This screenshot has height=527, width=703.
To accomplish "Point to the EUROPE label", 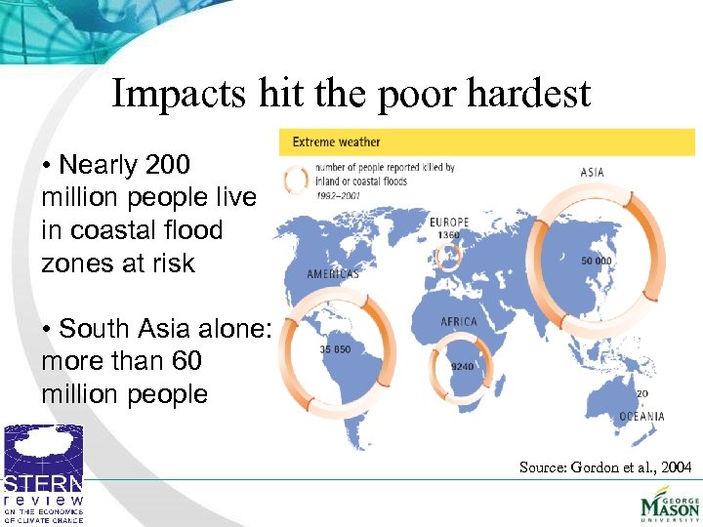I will (x=449, y=223).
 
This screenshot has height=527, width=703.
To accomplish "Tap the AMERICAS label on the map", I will (x=333, y=274).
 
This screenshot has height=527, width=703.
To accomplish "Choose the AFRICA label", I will (x=459, y=322).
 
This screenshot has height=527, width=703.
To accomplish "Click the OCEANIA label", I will (x=641, y=417).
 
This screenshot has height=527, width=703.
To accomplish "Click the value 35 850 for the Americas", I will (x=335, y=348).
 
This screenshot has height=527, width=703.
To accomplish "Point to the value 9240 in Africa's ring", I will (x=463, y=367).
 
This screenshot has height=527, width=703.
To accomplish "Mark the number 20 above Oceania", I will (x=641, y=394).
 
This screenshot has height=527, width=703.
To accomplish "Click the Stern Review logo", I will (x=43, y=472).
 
